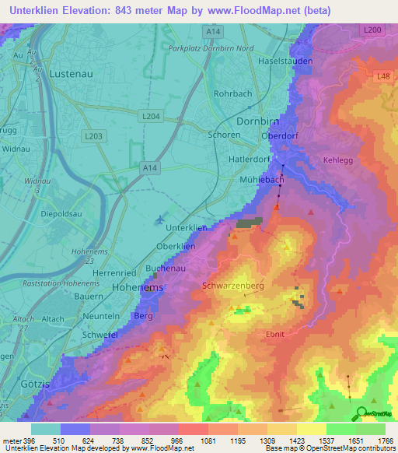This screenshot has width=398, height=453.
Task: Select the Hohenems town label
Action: pos(117,287)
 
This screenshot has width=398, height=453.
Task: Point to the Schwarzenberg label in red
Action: pos(233,286)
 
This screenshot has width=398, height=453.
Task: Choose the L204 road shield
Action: pos(151,115)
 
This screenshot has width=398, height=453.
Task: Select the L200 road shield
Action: pos(372,30)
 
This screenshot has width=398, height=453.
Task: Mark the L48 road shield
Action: pos(383,75)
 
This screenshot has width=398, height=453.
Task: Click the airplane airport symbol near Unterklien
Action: pos(159,220)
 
